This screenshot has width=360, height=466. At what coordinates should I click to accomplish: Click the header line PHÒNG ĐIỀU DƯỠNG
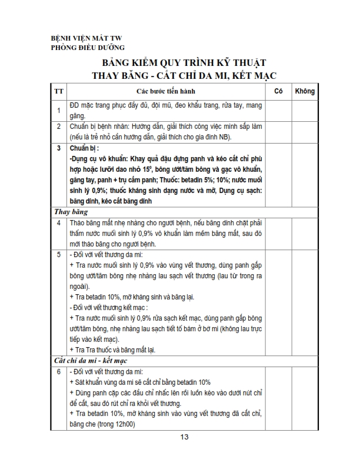tap(88, 48)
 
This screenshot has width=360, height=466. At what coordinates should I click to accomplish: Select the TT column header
tap(59, 91)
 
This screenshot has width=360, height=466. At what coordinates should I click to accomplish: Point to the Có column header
tap(279, 91)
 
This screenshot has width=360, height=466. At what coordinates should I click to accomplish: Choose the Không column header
tap(305, 91)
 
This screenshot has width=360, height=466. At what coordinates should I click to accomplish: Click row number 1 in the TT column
tap(59, 110)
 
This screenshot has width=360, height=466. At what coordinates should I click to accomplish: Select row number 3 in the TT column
tap(59, 148)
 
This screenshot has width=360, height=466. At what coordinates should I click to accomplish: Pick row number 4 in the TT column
tap(59, 223)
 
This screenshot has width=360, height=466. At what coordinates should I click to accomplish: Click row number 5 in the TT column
tap(59, 255)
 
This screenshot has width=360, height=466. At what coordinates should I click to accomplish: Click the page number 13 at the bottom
tap(185, 437)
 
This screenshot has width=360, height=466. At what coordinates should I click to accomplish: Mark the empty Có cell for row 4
tap(279, 234)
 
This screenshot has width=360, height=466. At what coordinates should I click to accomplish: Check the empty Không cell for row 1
tap(305, 110)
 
